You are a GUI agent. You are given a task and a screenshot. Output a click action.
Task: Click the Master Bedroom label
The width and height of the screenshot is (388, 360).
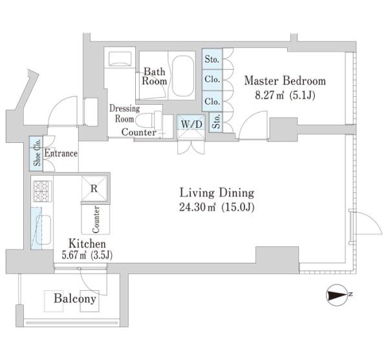pos(285,81)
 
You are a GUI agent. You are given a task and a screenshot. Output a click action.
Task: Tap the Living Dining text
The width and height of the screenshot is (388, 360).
pos(217,193)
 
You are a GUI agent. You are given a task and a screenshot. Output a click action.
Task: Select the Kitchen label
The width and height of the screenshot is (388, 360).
pos(87,244)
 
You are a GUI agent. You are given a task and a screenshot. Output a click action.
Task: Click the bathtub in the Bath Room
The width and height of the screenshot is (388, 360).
pos(183,76)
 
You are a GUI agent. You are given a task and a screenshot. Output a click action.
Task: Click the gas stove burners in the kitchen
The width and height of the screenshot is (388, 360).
pos(43,191)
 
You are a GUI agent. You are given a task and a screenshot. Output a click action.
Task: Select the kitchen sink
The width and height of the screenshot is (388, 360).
pos(43,229)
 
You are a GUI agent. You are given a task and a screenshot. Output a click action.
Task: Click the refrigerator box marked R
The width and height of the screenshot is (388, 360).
pos(94,189)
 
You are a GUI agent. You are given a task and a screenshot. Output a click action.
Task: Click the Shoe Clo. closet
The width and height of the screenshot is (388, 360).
pos(36,154)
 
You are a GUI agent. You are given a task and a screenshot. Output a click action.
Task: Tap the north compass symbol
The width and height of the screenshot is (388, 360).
pos(337,295)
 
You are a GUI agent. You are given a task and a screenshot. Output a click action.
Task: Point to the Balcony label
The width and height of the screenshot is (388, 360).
pos(75,299)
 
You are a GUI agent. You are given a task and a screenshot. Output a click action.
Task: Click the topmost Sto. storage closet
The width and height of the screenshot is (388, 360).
pos(212,59)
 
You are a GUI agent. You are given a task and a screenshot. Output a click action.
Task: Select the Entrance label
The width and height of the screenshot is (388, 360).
pos(61,154)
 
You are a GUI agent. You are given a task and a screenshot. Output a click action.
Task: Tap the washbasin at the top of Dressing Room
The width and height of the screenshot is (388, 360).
pos(120,59)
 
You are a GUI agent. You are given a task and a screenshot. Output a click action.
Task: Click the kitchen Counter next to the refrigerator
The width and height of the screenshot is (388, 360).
pos(96,220)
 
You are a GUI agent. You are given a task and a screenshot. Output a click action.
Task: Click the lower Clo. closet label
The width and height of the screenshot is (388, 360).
pos(212,101)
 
